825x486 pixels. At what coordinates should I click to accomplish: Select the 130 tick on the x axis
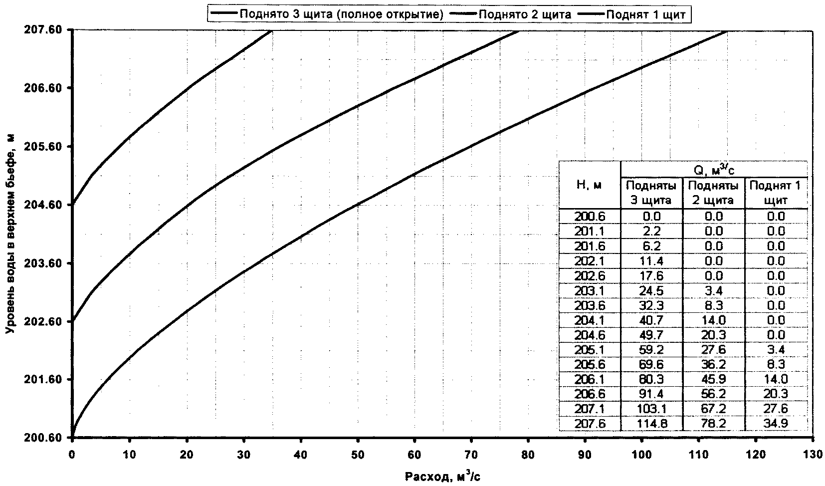[x=813, y=455]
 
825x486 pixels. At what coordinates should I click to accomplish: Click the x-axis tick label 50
[x=357, y=455]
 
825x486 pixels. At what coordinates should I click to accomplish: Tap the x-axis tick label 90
[x=585, y=455]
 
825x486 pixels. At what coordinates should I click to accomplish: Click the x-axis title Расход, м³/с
[x=442, y=476]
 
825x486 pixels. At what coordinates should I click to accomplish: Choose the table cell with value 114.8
[x=651, y=424]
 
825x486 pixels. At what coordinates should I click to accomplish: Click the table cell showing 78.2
[x=713, y=424]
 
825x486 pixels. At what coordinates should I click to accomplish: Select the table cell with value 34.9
[x=776, y=424]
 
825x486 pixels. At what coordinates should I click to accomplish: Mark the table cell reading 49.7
[x=651, y=335]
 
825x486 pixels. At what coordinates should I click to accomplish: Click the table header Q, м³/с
[x=714, y=170]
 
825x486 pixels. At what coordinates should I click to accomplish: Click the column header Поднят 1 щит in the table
[x=776, y=193]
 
